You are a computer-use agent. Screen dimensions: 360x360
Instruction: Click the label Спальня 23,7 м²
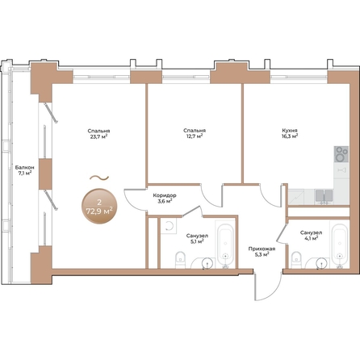click(x=99, y=133)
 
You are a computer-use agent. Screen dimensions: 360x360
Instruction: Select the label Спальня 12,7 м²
click(x=194, y=133)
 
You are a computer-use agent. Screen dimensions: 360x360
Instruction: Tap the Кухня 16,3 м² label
click(x=289, y=133)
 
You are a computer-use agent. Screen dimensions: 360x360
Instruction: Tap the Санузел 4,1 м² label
click(x=288, y=236)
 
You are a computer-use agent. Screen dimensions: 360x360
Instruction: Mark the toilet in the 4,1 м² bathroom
click(x=296, y=258)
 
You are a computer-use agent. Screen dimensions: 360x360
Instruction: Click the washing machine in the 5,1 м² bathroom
click(x=169, y=228)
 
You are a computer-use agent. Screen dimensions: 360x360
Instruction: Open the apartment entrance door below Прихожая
click(x=257, y=283)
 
